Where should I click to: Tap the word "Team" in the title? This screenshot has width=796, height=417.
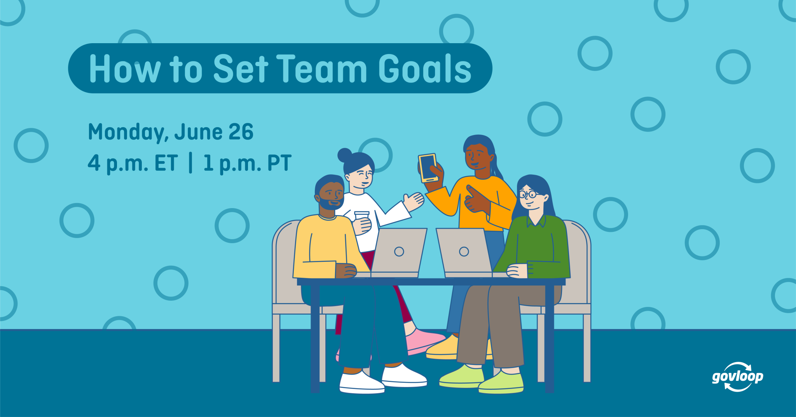tap(321, 69)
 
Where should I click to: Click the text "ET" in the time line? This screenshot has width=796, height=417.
tap(166, 163)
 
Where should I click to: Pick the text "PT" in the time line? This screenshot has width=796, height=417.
tap(279, 163)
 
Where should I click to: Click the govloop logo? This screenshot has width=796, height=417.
tap(737, 377)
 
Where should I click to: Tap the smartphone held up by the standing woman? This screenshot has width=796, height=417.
tap(428, 167)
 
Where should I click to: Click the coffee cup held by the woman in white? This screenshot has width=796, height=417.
tap(361, 218)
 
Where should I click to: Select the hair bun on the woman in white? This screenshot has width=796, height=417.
tap(344, 155)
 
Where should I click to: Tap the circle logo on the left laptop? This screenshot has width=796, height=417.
tap(399, 252)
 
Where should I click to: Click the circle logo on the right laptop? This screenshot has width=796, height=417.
tap(464, 252)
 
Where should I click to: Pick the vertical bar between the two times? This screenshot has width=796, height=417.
tap(190, 163)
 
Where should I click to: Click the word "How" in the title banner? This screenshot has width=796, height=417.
tap(124, 69)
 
